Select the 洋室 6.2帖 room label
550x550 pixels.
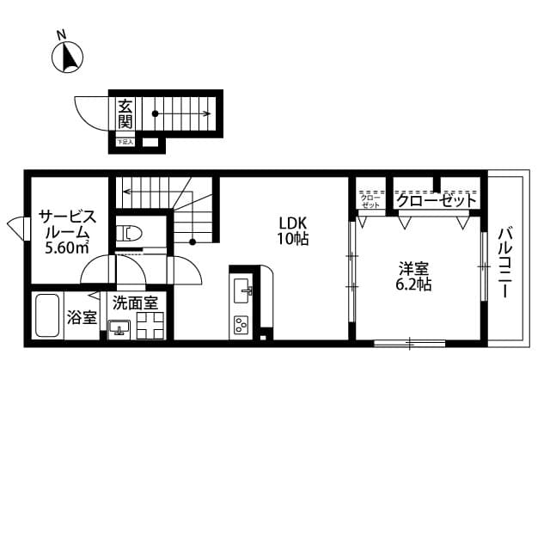point(413,276)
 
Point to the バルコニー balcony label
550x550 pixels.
point(505,261)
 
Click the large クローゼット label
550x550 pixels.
point(436,200)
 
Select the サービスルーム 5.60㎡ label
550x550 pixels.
point(68,231)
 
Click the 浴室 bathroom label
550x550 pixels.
point(82,318)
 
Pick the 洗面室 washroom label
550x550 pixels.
point(135,303)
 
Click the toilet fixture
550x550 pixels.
point(128,232)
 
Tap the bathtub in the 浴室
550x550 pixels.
point(46,317)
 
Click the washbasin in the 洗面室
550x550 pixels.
point(119,327)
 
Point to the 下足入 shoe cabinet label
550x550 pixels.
point(125,142)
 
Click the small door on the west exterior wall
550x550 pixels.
point(16,227)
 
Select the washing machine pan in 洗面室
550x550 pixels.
point(151,326)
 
